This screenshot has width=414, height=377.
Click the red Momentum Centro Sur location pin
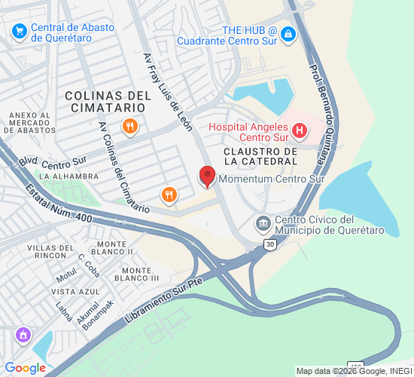(x=207, y=177)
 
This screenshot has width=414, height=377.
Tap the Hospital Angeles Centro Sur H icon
(x=300, y=131)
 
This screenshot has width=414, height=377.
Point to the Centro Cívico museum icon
(x=263, y=223)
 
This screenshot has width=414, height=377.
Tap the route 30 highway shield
(x=270, y=244)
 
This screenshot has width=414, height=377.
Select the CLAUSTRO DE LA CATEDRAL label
(x=260, y=156)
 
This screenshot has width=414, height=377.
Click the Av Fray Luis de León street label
(x=169, y=91)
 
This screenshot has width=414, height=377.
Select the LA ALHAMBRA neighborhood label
(x=69, y=176)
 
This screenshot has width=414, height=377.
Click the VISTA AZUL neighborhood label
(x=75, y=291)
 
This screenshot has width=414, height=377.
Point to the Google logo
(x=26, y=368)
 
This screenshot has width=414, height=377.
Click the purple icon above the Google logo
(x=23, y=333)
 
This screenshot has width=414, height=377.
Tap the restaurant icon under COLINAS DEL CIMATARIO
(x=129, y=127)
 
